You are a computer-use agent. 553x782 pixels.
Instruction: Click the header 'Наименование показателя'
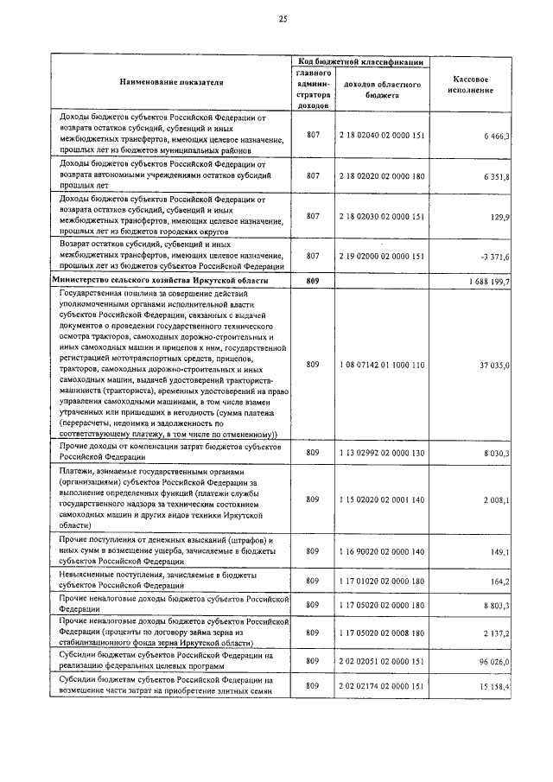[170, 82]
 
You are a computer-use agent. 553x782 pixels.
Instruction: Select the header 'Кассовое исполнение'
[473, 83]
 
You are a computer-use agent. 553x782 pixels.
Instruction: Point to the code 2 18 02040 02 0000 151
[381, 136]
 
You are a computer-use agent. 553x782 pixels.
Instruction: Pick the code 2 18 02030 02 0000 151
[381, 216]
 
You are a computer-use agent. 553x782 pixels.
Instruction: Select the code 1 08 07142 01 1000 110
[381, 366]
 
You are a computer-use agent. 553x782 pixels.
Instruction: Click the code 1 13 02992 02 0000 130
[381, 453]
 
